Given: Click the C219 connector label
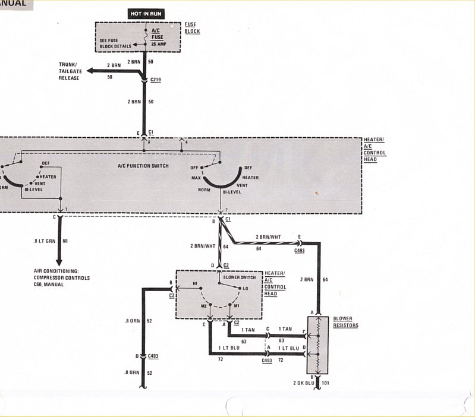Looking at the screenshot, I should (x=156, y=78).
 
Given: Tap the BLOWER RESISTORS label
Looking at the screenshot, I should (x=345, y=321).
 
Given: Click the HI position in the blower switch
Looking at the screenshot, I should (x=195, y=284).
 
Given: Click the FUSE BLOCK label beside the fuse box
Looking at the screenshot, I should (x=192, y=27).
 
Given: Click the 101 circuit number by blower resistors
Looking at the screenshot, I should (x=325, y=384).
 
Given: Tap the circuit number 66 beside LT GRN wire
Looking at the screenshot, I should (x=65, y=242).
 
